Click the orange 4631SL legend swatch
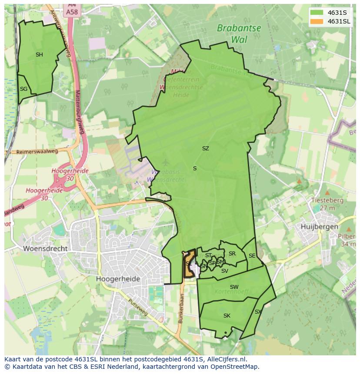tap(317, 21)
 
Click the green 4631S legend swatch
tap(317, 12)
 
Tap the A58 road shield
tap(72, 12)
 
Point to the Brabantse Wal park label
tap(239, 34)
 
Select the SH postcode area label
tap(39, 55)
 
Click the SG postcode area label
tap(23, 89)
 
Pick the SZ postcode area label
tap(206, 149)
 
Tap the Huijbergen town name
tap(320, 227)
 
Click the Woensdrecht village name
tap(45, 249)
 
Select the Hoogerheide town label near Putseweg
tap(118, 279)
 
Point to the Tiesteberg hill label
tap(327, 201)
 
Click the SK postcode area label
tap(227, 316)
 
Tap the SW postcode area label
tap(234, 287)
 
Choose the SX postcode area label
tap(258, 312)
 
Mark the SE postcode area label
tap(252, 256)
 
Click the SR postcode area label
tap(232, 254)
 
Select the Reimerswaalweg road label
tap(37, 152)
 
